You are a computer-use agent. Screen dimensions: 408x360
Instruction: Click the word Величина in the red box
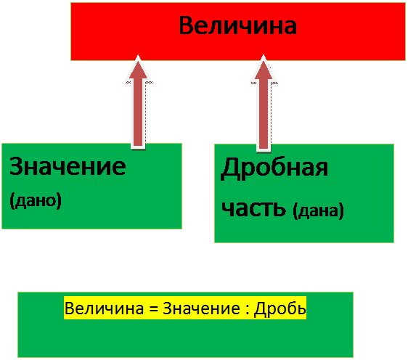tap(238, 25)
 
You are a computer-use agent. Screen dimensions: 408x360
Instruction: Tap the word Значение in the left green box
tap(68, 166)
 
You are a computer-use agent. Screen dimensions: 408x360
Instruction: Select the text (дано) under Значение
tap(36, 200)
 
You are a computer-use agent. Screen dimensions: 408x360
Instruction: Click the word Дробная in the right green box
tap(274, 168)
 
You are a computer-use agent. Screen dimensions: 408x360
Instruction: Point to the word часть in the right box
tap(253, 208)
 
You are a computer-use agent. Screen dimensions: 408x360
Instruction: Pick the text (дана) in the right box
tap(319, 210)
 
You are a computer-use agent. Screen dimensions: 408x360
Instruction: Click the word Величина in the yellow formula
tap(104, 308)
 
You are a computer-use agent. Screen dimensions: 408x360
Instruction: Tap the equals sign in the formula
tap(153, 308)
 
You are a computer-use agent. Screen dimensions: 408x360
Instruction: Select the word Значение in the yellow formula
tap(201, 308)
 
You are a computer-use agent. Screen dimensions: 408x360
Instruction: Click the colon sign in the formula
tap(247, 309)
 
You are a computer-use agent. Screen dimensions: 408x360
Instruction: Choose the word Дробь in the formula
tap(280, 308)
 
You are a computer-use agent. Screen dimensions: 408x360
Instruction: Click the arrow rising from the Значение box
tap(138, 102)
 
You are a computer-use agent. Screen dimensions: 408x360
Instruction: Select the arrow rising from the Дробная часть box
tap(264, 103)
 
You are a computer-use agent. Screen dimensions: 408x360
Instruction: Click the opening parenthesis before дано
tap(12, 201)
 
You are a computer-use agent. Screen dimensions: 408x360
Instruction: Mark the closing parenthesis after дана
tap(341, 211)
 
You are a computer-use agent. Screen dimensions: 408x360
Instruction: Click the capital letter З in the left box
tap(15, 166)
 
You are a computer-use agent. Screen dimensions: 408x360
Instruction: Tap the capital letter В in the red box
tap(186, 25)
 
